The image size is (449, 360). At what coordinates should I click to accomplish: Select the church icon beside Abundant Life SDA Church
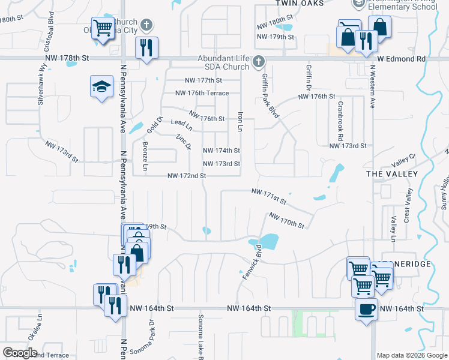[x=258, y=62]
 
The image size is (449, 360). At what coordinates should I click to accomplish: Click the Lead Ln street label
[x=181, y=124]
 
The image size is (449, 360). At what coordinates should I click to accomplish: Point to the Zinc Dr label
[x=183, y=142]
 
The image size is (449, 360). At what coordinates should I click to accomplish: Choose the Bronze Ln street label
[x=145, y=155]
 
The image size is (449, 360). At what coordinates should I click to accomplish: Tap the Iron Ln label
[x=240, y=121]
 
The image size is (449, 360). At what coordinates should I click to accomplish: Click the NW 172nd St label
[x=187, y=176]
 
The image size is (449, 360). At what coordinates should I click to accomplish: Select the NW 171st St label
[x=267, y=194]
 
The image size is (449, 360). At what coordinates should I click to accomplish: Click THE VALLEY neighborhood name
[x=391, y=173]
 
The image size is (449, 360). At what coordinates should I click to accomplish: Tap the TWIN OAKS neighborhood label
[x=300, y=4]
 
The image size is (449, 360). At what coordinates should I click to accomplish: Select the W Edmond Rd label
[x=401, y=59]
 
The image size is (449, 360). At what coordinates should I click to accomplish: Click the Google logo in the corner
[x=20, y=353]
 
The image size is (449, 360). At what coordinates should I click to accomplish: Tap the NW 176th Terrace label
[x=202, y=93]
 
